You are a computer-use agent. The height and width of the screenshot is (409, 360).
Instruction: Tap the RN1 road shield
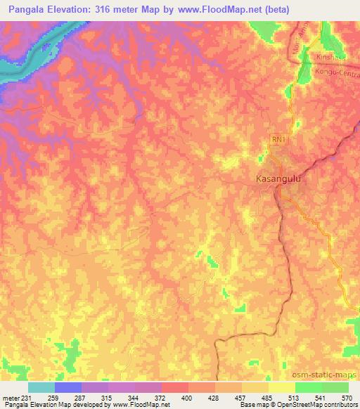pos(278,141)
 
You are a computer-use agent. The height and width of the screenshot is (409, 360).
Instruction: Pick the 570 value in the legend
pos(348,397)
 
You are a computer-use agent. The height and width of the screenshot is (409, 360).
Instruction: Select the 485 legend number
pos(268,397)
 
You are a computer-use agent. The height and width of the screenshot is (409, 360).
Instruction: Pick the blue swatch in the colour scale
pos(68,387)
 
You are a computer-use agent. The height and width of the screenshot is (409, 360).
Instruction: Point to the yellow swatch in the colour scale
pos(281,387)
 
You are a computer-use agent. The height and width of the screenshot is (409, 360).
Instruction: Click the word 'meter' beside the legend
pos(10,397)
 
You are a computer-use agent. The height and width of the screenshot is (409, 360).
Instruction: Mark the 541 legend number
pos(321,397)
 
